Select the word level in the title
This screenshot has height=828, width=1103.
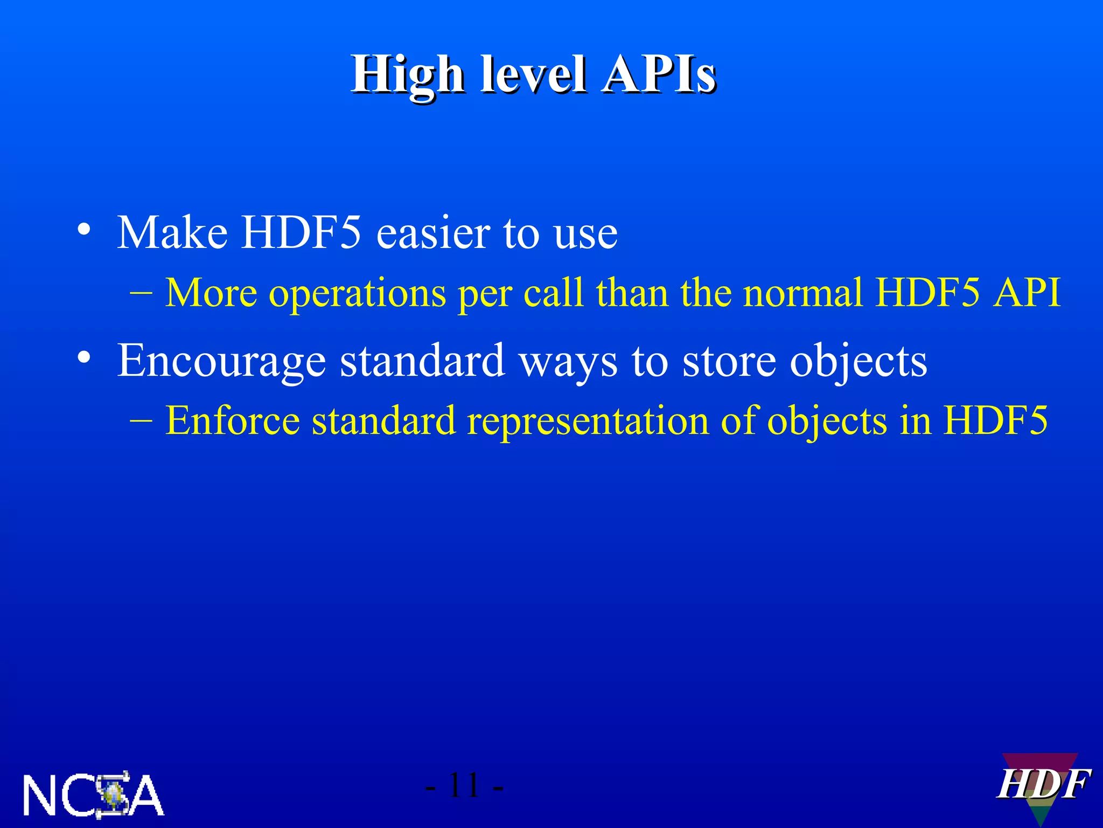click(533, 74)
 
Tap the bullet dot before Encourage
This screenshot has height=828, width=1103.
click(83, 357)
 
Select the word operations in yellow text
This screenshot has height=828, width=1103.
click(358, 294)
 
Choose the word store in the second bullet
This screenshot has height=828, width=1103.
click(730, 361)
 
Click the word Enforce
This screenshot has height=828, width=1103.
click(232, 420)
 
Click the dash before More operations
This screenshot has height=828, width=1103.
click(141, 294)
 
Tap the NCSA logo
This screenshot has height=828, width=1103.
click(93, 795)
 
